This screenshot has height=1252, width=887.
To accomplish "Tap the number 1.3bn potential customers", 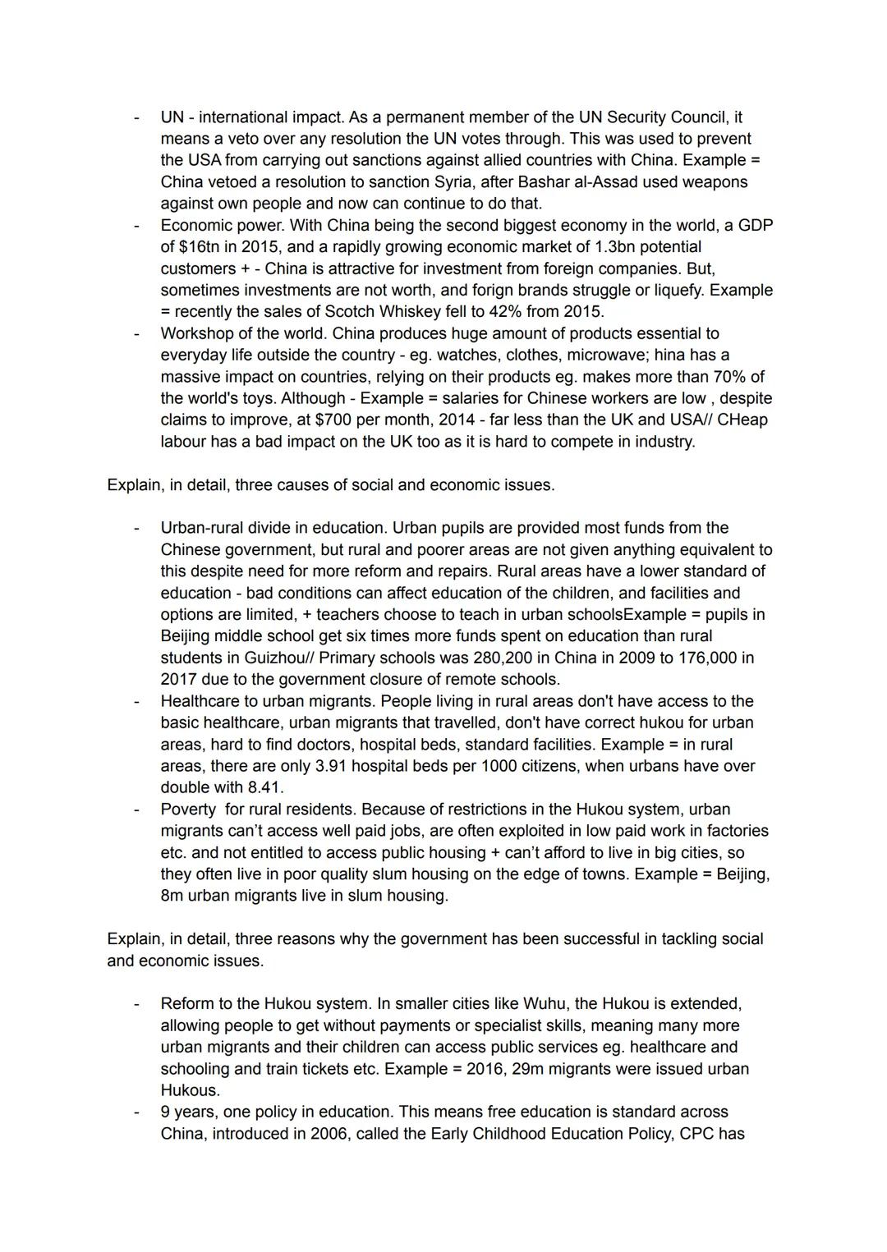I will coord(604,246).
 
